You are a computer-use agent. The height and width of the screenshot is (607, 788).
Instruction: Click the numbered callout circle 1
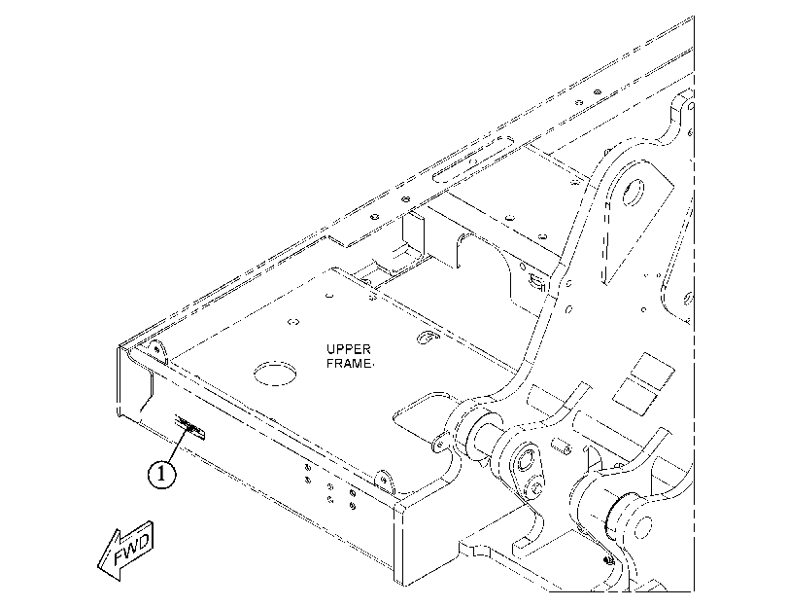click(162, 474)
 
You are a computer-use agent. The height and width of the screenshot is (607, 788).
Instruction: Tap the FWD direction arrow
click(126, 552)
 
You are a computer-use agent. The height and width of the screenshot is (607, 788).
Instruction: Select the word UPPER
click(348, 349)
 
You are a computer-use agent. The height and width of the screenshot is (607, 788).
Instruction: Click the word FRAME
click(349, 364)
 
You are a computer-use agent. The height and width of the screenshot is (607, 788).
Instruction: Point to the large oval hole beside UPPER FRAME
click(274, 374)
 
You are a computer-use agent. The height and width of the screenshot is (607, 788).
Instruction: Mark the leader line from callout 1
click(179, 446)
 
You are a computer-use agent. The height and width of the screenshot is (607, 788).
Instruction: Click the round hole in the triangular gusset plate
click(633, 192)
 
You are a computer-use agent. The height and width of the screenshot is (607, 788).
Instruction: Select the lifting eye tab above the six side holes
click(386, 481)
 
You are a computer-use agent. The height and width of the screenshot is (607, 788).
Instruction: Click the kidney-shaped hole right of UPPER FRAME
click(428, 338)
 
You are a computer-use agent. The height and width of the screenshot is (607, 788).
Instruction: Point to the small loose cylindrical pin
click(561, 446)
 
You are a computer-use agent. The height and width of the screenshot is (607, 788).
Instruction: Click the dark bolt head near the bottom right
click(608, 559)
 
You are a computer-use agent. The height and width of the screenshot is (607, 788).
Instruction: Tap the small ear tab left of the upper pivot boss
click(439, 441)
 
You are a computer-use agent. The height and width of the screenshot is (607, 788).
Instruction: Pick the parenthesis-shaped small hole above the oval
click(294, 322)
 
